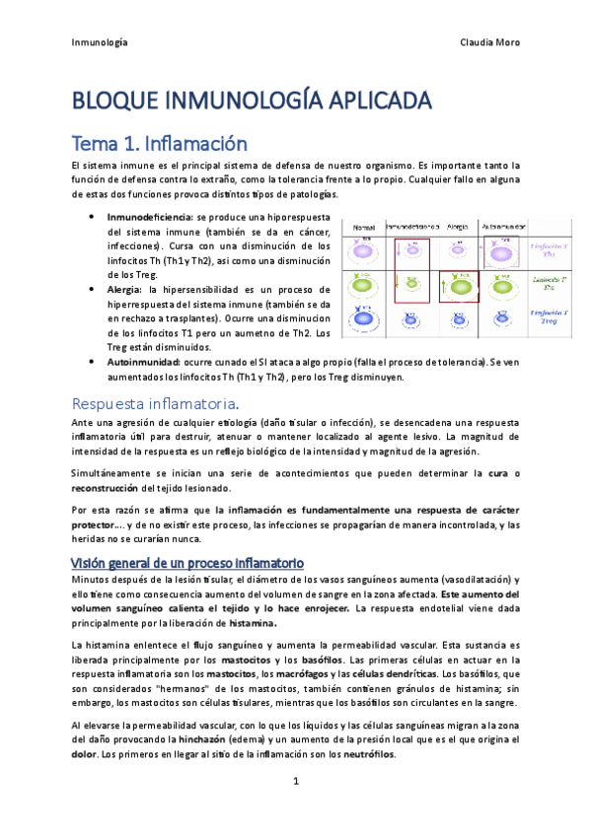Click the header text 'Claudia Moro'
pos(489,42)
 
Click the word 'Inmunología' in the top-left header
pos(100,42)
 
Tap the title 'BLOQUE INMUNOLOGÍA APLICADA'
pos(252,101)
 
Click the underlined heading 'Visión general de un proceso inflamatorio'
pos(186,562)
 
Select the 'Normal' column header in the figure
pos(363,226)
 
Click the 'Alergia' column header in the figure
pos(458,226)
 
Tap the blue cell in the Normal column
pos(362,317)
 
